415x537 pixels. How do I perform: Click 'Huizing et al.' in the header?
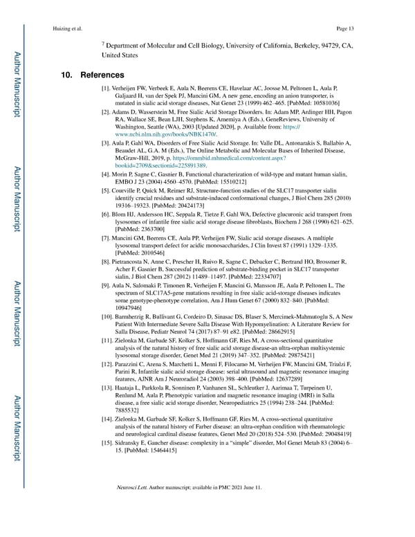(x=68, y=28)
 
